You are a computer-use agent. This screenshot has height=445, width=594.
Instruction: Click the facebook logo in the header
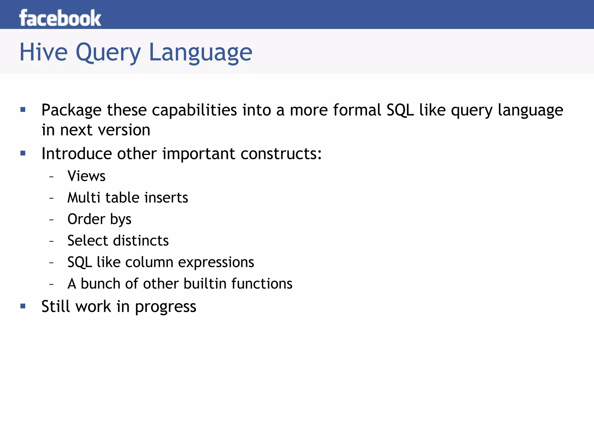coord(60,18)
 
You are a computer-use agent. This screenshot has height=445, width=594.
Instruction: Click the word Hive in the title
coord(44,52)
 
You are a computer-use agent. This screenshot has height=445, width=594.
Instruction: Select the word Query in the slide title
coord(108,53)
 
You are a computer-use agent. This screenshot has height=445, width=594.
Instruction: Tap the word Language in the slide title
coord(200,53)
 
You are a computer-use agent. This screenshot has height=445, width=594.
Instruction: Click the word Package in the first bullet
coord(71,110)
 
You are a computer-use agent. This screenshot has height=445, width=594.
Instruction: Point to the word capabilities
coord(194,110)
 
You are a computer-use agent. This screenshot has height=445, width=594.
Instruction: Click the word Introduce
coord(77,153)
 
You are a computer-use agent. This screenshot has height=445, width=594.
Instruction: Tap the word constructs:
coord(281,153)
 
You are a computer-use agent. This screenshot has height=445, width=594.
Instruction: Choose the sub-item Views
coord(86,176)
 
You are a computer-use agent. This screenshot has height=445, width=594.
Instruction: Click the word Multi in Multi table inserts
coord(84,198)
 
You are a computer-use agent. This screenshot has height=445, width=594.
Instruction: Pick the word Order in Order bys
coord(86,219)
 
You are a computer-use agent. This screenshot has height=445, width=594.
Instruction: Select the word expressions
coord(216,262)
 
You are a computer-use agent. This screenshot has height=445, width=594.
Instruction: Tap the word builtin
coord(205,284)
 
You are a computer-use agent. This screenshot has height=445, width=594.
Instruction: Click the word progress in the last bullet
coord(166,307)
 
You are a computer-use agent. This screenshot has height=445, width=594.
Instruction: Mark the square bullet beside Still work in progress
coord(23,306)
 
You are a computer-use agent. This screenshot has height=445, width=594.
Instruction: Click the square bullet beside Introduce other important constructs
coord(23,153)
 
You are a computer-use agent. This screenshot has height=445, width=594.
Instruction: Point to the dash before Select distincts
coord(52,241)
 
